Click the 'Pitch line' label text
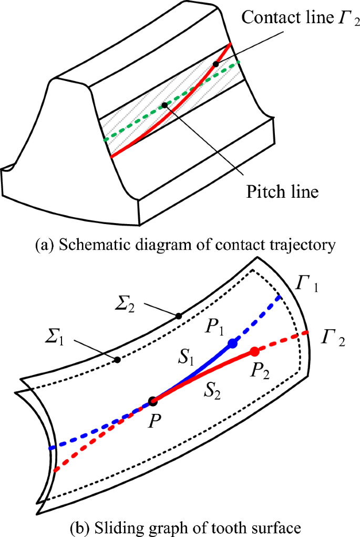tap(282, 191)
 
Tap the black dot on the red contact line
tap(215, 64)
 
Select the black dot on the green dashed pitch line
tap(164, 105)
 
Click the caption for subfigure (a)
tap(180, 245)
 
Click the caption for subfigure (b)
tap(180, 526)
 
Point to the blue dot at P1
tap(232, 343)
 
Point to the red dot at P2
tap(254, 351)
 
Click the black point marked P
tap(153, 401)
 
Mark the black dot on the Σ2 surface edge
tap(179, 316)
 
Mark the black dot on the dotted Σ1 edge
tap(117, 360)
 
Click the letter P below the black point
tap(153, 421)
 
